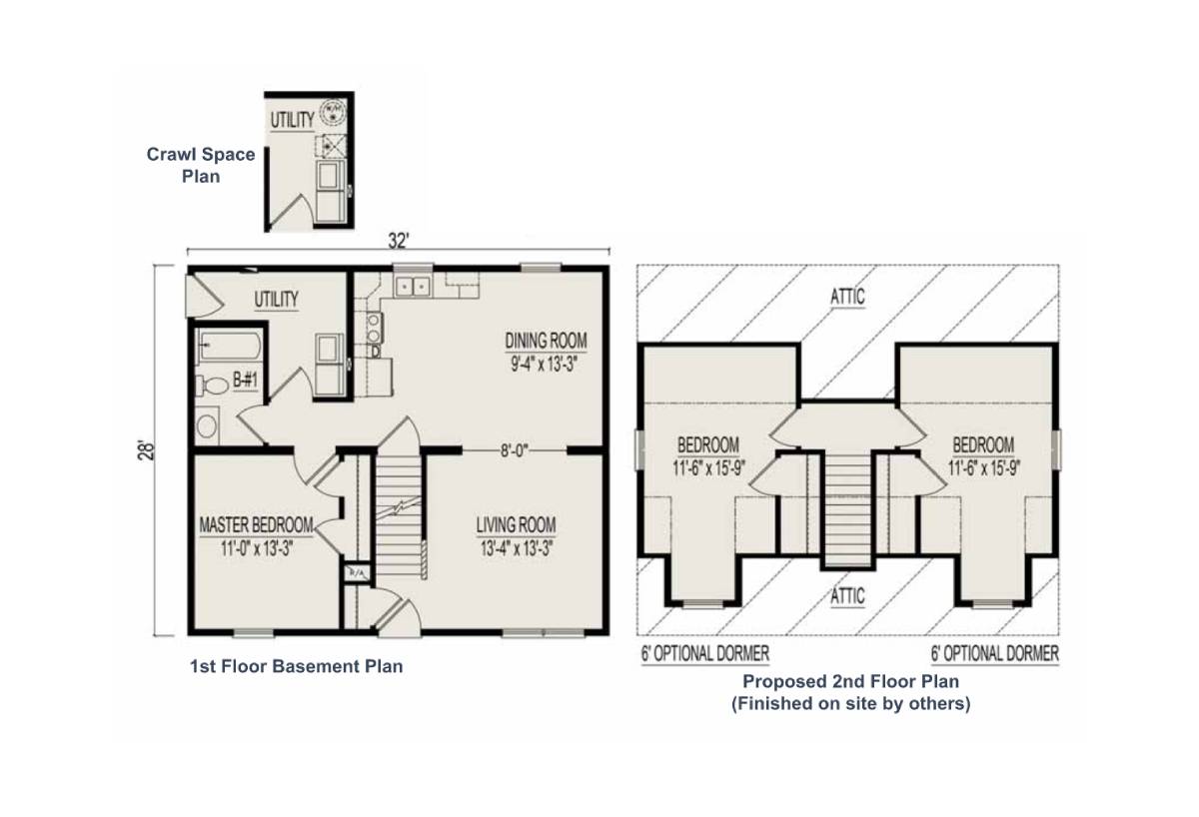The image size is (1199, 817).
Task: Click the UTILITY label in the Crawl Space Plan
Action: (x=292, y=120)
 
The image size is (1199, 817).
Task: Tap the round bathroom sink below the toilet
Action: (x=207, y=427)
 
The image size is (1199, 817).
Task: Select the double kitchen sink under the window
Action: (x=412, y=288)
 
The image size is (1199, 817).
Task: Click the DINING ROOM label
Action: (x=546, y=340)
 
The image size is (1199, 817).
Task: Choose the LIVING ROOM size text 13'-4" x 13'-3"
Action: (x=516, y=546)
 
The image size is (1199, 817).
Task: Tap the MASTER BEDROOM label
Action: (x=256, y=525)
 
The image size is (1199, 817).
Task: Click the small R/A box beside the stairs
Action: (x=355, y=573)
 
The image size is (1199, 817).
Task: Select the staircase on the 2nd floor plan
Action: (x=847, y=509)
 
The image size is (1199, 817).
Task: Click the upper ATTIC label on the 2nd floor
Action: (x=845, y=297)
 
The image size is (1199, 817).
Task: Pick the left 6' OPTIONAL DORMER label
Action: (x=704, y=654)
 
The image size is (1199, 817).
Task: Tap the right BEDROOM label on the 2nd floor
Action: (x=983, y=444)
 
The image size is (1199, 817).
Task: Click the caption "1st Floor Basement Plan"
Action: (x=296, y=666)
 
